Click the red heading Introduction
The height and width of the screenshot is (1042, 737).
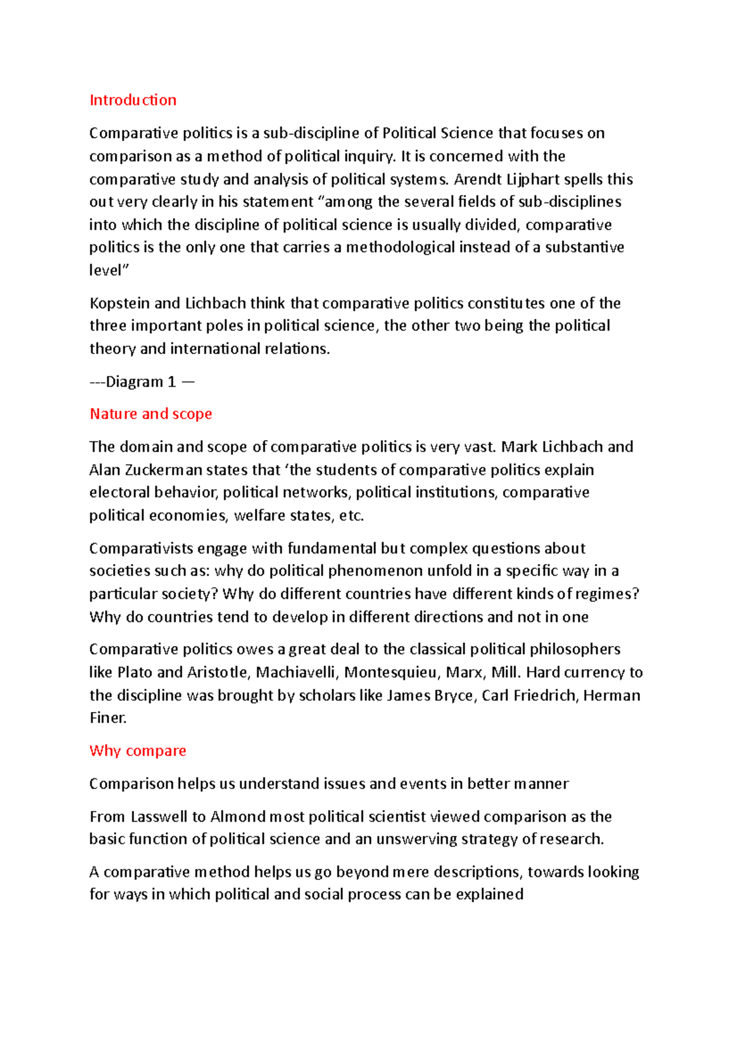(133, 100)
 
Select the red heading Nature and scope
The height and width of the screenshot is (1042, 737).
(150, 414)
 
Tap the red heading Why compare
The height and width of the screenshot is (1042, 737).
(138, 751)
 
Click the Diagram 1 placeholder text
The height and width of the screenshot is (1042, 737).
(141, 382)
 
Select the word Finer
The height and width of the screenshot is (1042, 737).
(108, 718)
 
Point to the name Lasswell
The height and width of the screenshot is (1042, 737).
(159, 817)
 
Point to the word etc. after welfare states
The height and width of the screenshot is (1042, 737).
(351, 516)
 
